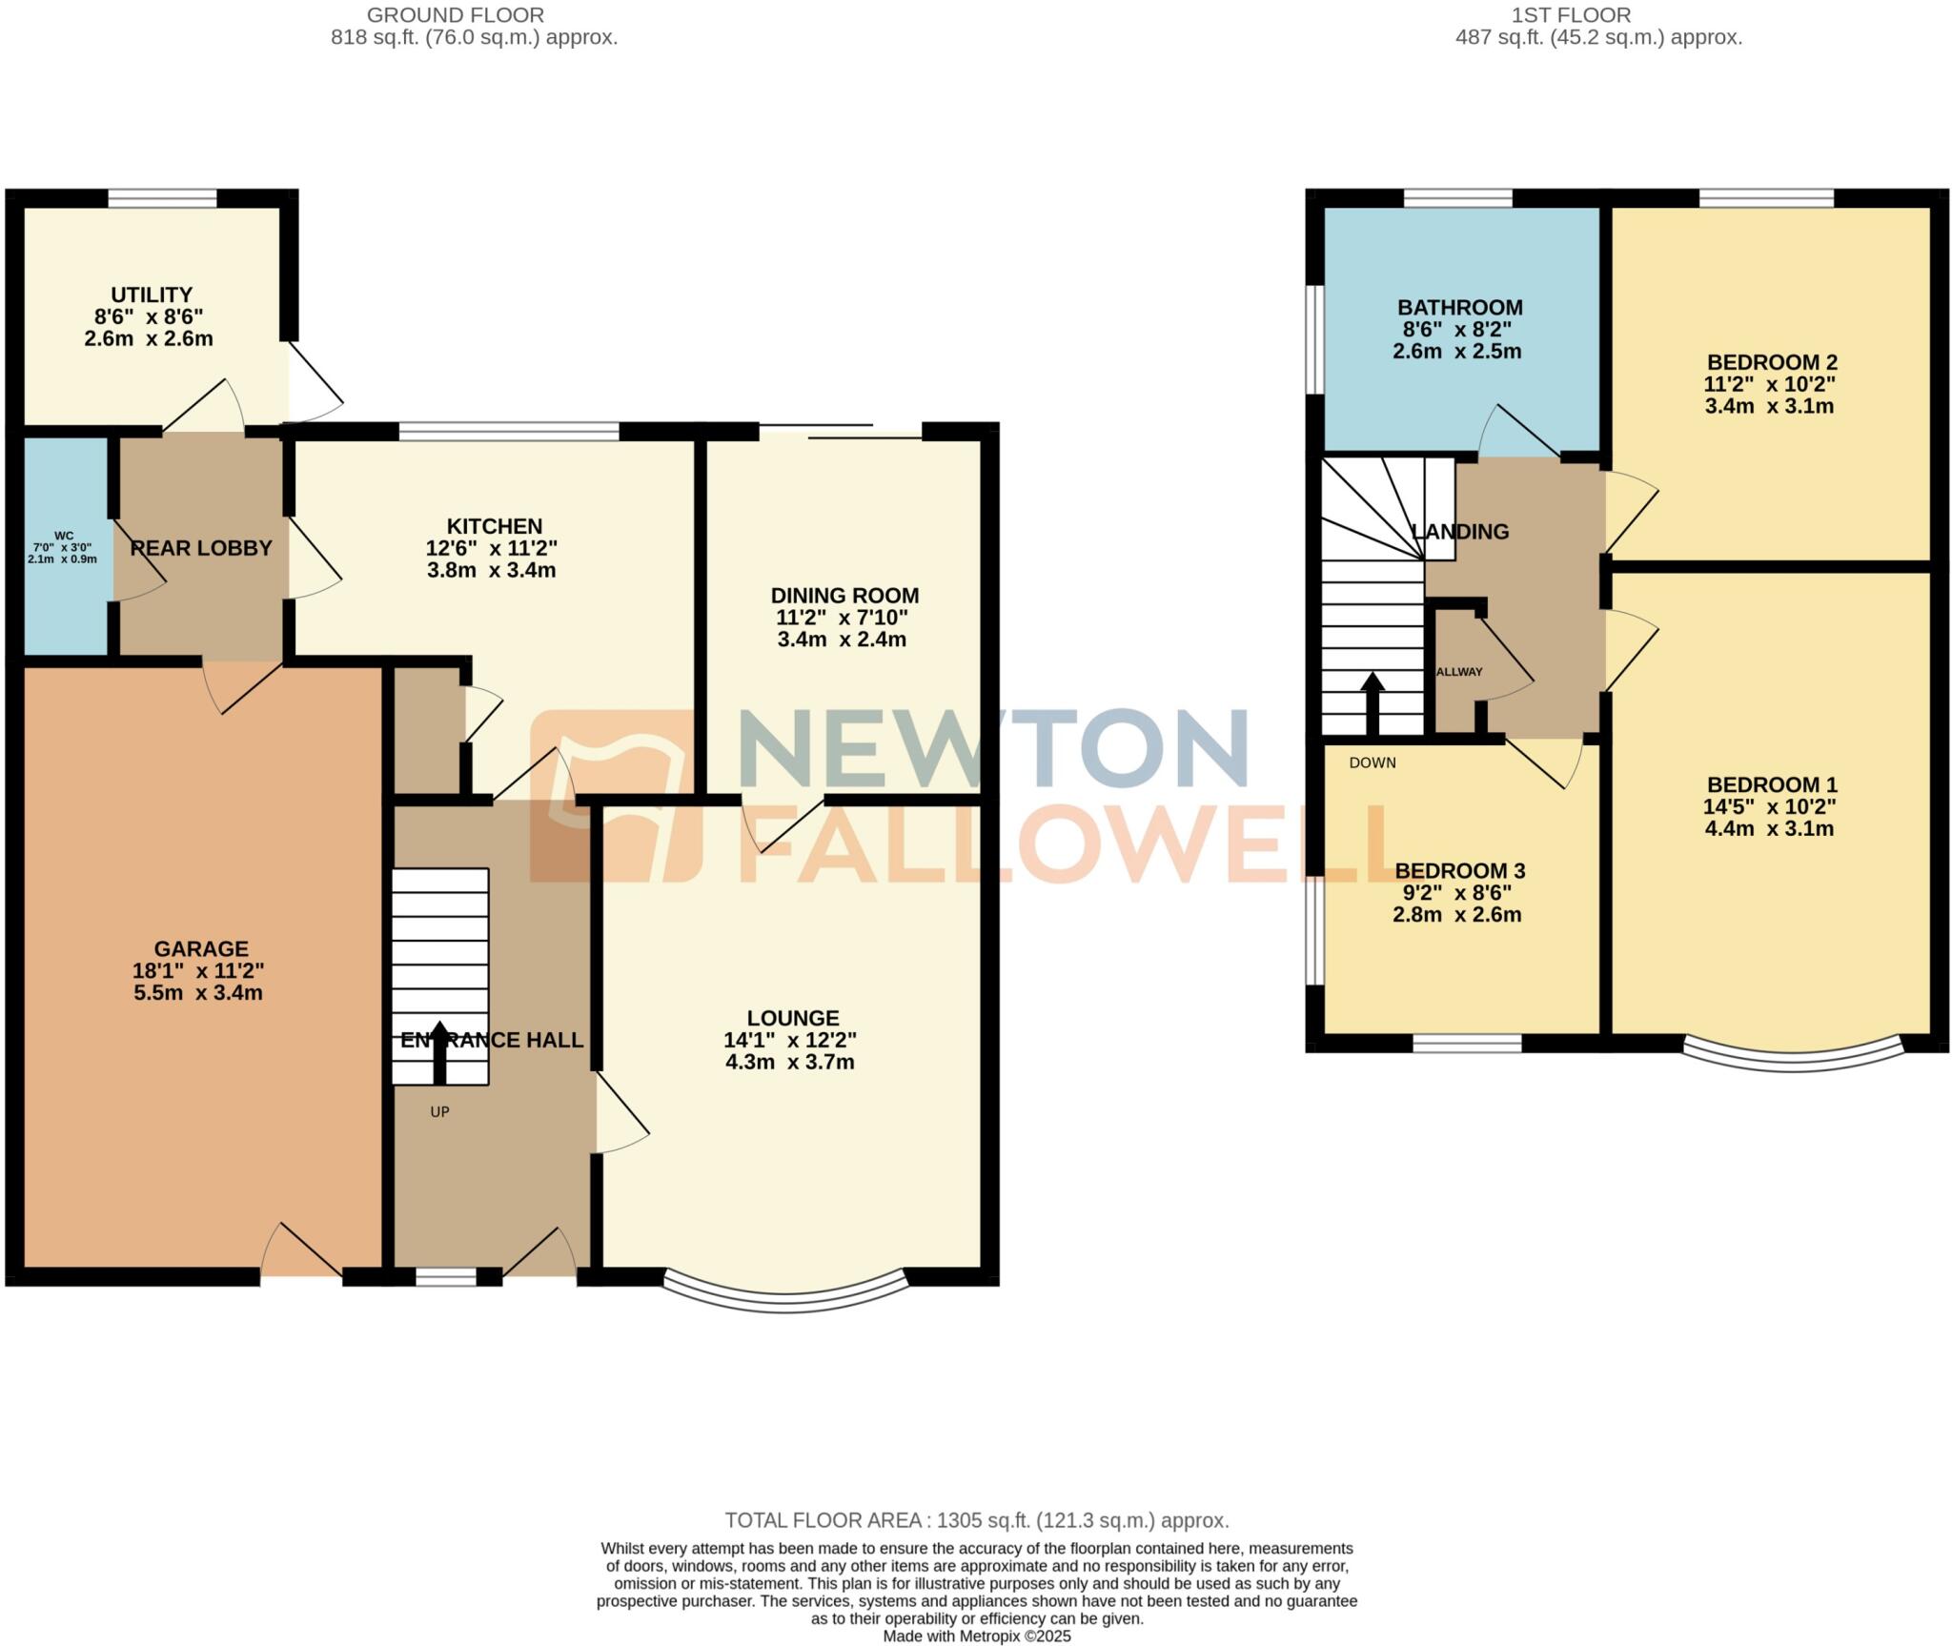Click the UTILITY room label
(152, 295)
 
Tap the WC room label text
(64, 537)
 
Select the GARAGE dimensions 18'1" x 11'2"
(198, 971)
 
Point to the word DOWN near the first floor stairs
(1372, 762)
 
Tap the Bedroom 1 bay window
(1793, 1062)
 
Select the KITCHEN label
(495, 526)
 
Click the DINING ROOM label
(844, 596)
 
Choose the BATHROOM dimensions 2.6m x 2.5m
(1456, 351)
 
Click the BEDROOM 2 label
(1772, 362)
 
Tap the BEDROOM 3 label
(1459, 871)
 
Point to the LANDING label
(1460, 532)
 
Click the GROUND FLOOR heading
(456, 15)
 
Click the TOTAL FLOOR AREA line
(976, 1521)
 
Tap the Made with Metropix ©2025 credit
(976, 1636)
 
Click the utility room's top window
(162, 198)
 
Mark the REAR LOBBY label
(201, 549)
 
